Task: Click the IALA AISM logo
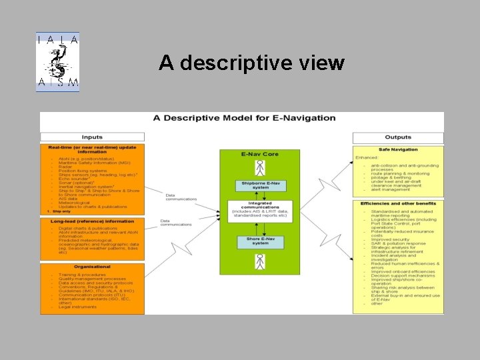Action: coord(58,62)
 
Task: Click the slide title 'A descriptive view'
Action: coord(251,63)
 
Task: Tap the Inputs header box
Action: coord(92,137)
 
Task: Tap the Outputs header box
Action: coord(398,137)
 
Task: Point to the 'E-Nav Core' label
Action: coord(260,154)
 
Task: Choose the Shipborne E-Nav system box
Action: coord(261,186)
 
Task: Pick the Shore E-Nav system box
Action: coord(261,241)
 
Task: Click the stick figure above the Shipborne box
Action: coord(261,167)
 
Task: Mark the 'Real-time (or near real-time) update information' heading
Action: coord(92,149)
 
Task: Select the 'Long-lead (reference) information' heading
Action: coord(92,221)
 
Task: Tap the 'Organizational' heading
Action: coord(92,266)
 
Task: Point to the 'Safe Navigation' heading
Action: coord(398,149)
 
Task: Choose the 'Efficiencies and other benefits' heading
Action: coord(398,203)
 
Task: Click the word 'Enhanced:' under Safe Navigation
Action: coord(367,157)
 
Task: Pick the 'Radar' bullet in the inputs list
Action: coord(66,167)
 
